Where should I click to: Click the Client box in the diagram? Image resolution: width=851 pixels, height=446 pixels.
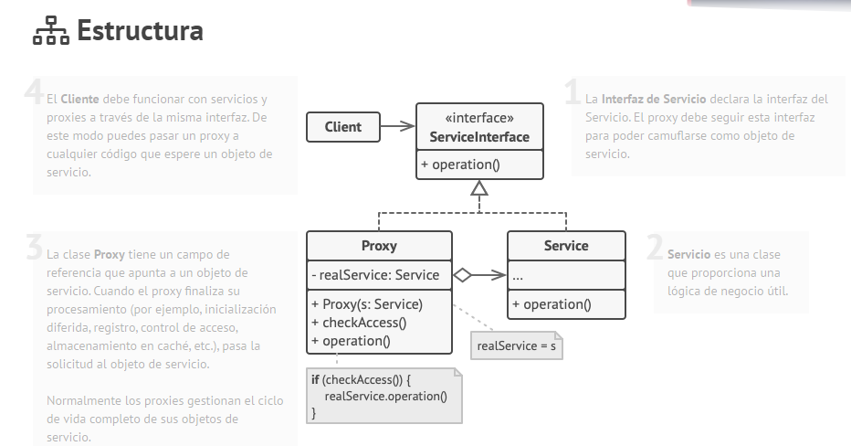[x=343, y=127]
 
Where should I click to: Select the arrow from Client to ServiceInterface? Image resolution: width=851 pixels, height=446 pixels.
[x=397, y=127]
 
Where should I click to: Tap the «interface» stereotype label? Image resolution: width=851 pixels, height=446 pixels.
[x=479, y=118]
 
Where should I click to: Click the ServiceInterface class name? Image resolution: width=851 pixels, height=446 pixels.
[x=479, y=138]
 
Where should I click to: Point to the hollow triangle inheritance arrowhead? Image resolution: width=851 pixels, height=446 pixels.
[x=479, y=189]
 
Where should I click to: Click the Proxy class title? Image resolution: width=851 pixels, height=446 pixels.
[x=379, y=246]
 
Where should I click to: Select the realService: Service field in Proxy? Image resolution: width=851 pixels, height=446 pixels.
[x=375, y=274]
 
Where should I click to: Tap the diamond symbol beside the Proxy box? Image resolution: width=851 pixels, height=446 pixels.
[x=463, y=274]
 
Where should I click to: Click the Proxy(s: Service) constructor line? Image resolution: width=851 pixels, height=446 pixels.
[x=367, y=304]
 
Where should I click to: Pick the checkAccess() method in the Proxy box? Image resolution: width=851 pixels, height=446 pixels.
[x=359, y=323]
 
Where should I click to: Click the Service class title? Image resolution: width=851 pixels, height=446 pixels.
[x=566, y=246]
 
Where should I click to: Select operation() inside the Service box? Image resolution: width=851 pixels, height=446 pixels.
[x=552, y=304]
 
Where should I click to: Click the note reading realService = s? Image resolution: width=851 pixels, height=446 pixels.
[x=516, y=346]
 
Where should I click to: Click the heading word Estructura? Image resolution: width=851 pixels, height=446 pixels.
[x=140, y=32]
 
